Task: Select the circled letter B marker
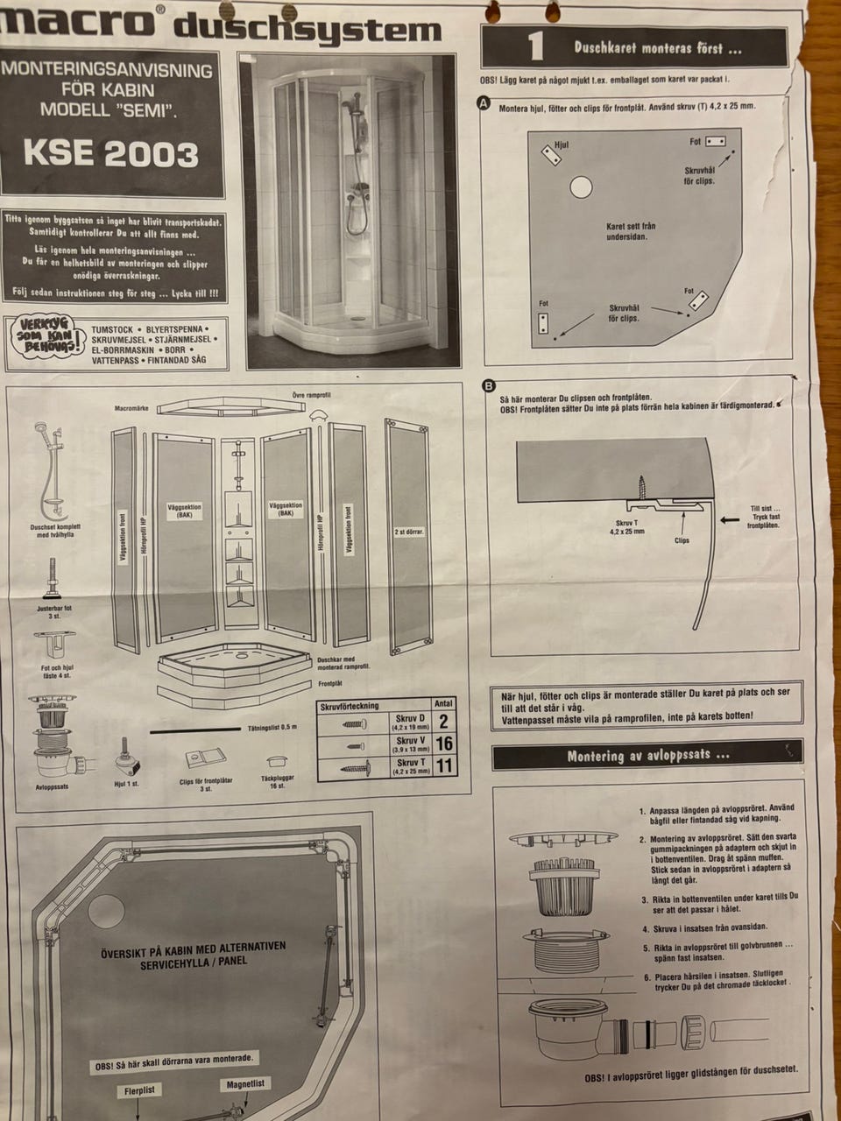point(488,385)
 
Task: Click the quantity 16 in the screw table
point(443,744)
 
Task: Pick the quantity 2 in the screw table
point(443,722)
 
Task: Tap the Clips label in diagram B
point(681,540)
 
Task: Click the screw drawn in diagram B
point(642,486)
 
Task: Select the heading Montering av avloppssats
point(648,755)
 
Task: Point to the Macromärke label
point(133,408)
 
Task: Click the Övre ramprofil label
point(311,394)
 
